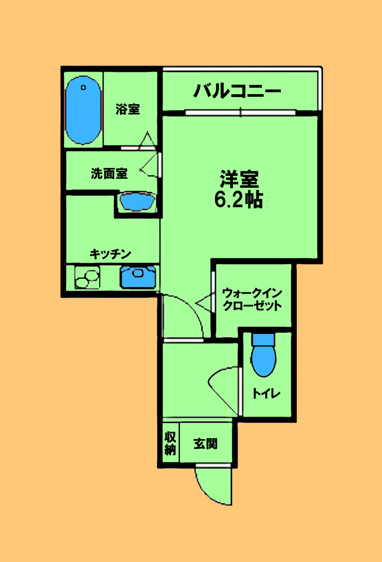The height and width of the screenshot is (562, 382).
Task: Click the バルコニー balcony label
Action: tap(238, 90)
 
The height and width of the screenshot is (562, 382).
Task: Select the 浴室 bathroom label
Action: tap(128, 110)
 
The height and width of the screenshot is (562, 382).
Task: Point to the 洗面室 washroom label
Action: tap(109, 174)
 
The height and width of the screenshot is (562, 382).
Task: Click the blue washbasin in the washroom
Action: tap(137, 202)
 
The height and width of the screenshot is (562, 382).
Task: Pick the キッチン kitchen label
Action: tap(110, 254)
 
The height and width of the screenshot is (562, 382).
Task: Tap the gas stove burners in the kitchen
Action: tap(87, 277)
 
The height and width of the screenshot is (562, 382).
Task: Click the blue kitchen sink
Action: tap(138, 277)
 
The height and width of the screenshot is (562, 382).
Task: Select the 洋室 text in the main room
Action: tap(239, 179)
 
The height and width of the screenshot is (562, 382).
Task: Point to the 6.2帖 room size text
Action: tap(238, 200)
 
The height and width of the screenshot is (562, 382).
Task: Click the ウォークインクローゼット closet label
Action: tap(252, 299)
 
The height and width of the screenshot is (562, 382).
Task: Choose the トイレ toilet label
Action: tap(266, 394)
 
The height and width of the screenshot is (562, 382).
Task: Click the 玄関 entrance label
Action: tap(206, 443)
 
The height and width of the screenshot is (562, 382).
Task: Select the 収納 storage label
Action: tap(170, 443)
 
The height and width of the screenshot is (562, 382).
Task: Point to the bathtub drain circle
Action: tap(83, 87)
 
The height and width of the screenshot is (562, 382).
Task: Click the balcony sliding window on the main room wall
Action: tap(240, 112)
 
